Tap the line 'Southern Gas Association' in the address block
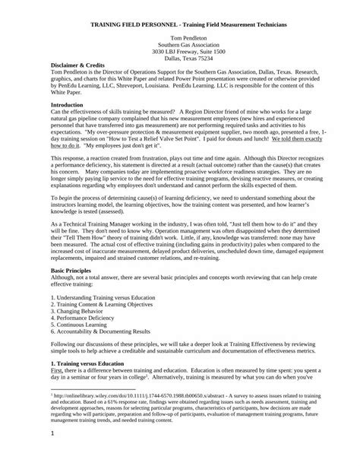pos(180,46)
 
